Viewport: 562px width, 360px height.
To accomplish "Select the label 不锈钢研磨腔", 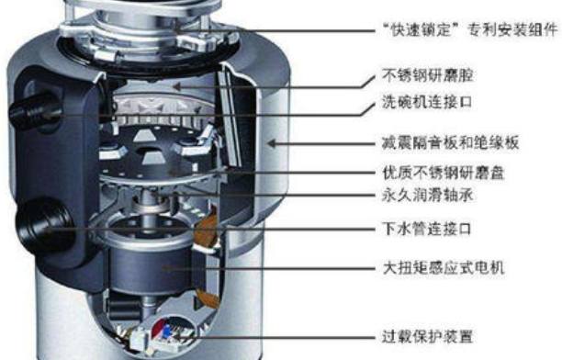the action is tap(428, 75).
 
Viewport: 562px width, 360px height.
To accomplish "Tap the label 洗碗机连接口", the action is tap(427, 103).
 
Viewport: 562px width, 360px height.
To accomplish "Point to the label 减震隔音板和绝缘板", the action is tap(451, 143).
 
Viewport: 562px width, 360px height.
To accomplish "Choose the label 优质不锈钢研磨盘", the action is tap(444, 173).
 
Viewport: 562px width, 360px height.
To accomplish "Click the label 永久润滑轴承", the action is tap(428, 196).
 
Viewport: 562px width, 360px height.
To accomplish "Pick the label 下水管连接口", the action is tap(427, 229).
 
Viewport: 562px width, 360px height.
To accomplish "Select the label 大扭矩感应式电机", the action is tap(444, 268).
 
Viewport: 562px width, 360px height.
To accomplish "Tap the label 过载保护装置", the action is tap(428, 337).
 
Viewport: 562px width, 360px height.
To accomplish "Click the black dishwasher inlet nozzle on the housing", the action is tap(34, 111).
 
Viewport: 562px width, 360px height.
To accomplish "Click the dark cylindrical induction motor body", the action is tap(151, 267).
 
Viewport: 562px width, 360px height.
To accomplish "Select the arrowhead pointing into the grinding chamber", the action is tap(177, 86).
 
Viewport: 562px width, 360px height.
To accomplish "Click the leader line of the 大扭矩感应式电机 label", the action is tap(270, 268).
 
